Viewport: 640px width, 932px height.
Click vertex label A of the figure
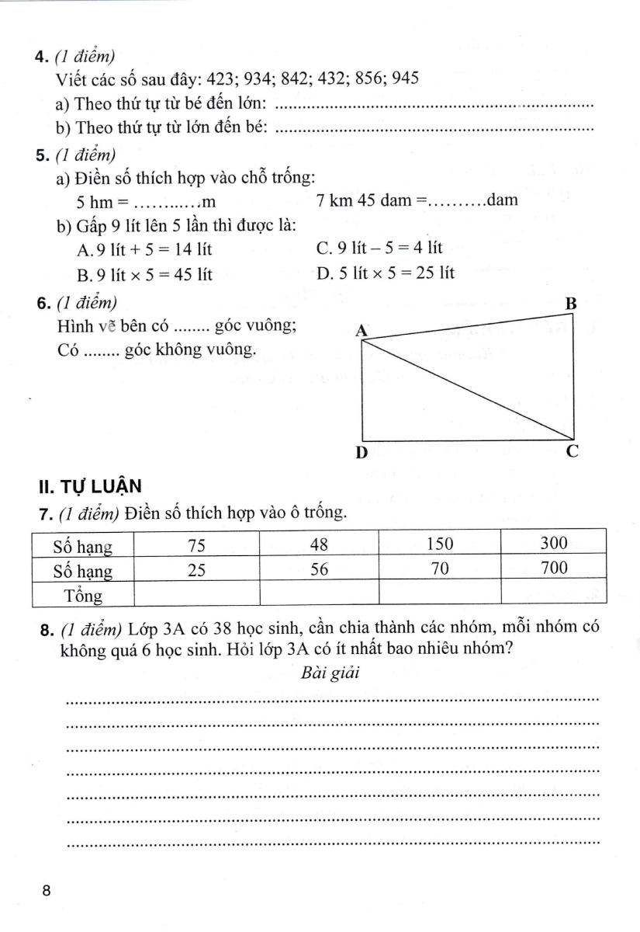click(x=361, y=331)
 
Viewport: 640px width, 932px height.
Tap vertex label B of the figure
click(x=570, y=304)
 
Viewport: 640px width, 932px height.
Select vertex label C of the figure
click(x=572, y=450)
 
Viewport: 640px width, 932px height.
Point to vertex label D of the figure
click(x=361, y=453)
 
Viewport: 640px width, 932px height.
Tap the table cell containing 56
click(x=320, y=569)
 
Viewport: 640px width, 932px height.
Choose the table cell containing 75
click(x=197, y=544)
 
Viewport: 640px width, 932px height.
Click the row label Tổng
click(x=83, y=596)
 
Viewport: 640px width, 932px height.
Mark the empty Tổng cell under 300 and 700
click(x=553, y=594)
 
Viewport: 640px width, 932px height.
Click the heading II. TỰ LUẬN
click(x=89, y=487)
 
